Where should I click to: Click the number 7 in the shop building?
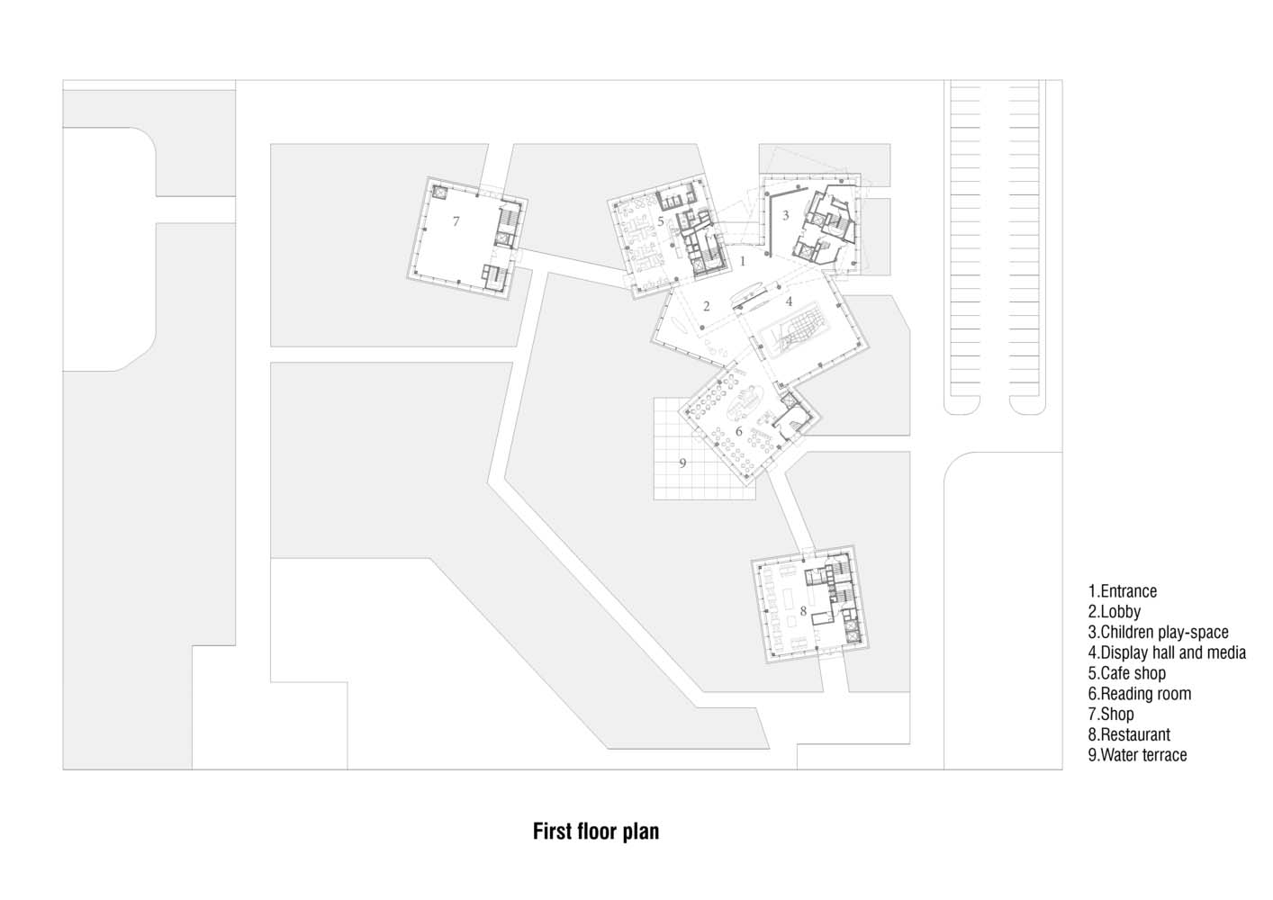pyautogui.click(x=456, y=221)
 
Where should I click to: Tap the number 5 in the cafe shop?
pyautogui.click(x=661, y=221)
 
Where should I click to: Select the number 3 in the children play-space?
pyautogui.click(x=786, y=215)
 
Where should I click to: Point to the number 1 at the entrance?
pyautogui.click(x=742, y=261)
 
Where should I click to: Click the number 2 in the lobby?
pyautogui.click(x=707, y=306)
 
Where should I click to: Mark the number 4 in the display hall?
pyautogui.click(x=789, y=301)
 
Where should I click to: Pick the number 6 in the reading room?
pyautogui.click(x=739, y=431)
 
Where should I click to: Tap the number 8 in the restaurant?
pyautogui.click(x=803, y=611)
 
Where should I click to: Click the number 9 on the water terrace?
pyautogui.click(x=682, y=463)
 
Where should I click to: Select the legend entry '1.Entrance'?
pyautogui.click(x=1123, y=591)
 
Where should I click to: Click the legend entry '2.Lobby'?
pyautogui.click(x=1115, y=612)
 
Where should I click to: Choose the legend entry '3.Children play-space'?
pyautogui.click(x=1158, y=633)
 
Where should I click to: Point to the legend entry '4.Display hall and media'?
pyautogui.click(x=1168, y=652)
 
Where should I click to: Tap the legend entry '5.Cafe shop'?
pyautogui.click(x=1127, y=673)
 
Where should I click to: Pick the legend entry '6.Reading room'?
pyautogui.click(x=1140, y=694)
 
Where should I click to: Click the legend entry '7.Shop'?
pyautogui.click(x=1111, y=715)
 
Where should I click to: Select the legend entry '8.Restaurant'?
pyautogui.click(x=1129, y=734)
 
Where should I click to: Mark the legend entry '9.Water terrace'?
pyautogui.click(x=1138, y=755)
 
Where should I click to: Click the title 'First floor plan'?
pyautogui.click(x=596, y=832)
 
